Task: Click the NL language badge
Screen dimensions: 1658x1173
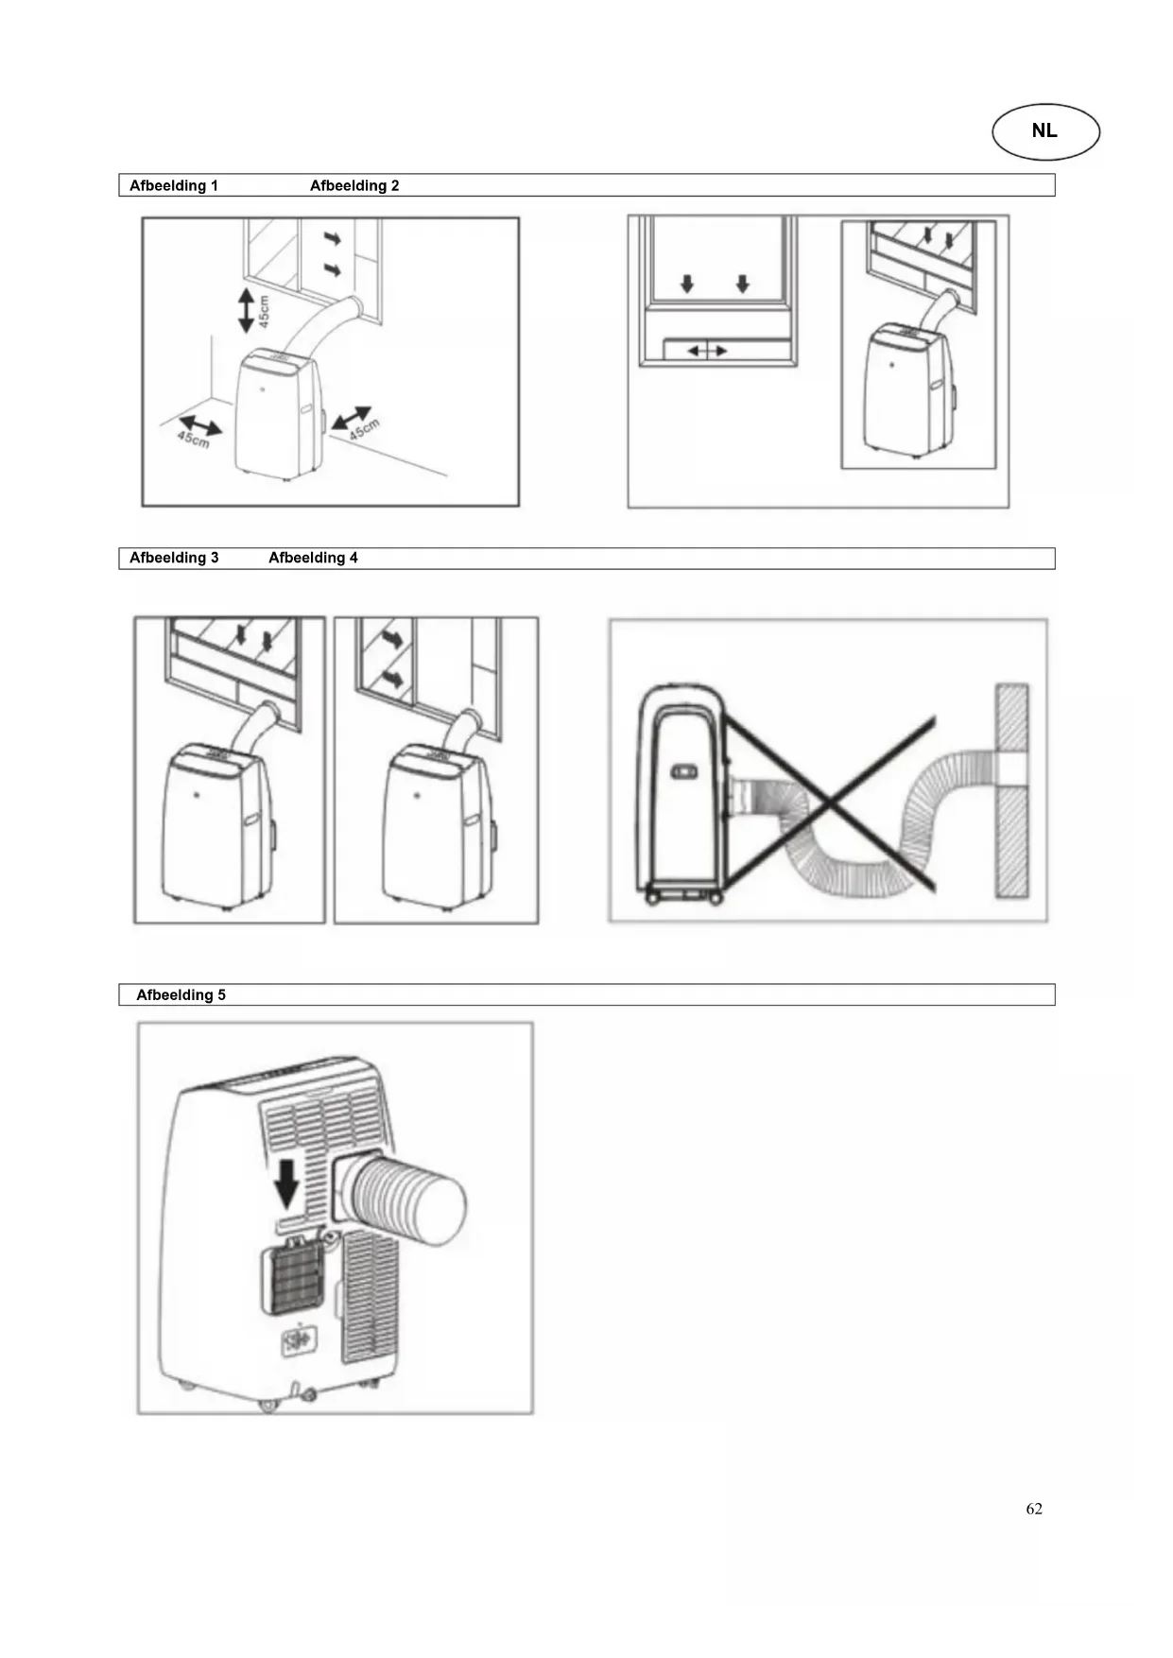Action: (x=1045, y=131)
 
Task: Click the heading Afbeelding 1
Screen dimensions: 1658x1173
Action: (x=174, y=185)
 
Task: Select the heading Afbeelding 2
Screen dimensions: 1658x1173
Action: (x=354, y=185)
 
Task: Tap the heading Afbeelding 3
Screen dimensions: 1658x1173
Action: (x=174, y=558)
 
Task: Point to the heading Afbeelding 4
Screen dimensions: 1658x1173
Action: (x=313, y=558)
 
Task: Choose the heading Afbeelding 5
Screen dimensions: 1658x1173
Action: (x=181, y=994)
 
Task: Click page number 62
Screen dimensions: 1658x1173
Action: (x=1034, y=1509)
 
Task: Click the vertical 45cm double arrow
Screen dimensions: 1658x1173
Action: (x=246, y=310)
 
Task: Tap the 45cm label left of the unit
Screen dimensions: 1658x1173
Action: (x=193, y=439)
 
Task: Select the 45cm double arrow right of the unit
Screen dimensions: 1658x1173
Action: (x=351, y=417)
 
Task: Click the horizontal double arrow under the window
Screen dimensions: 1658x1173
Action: (x=707, y=351)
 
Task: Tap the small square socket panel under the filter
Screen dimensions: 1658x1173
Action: (x=301, y=1342)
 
